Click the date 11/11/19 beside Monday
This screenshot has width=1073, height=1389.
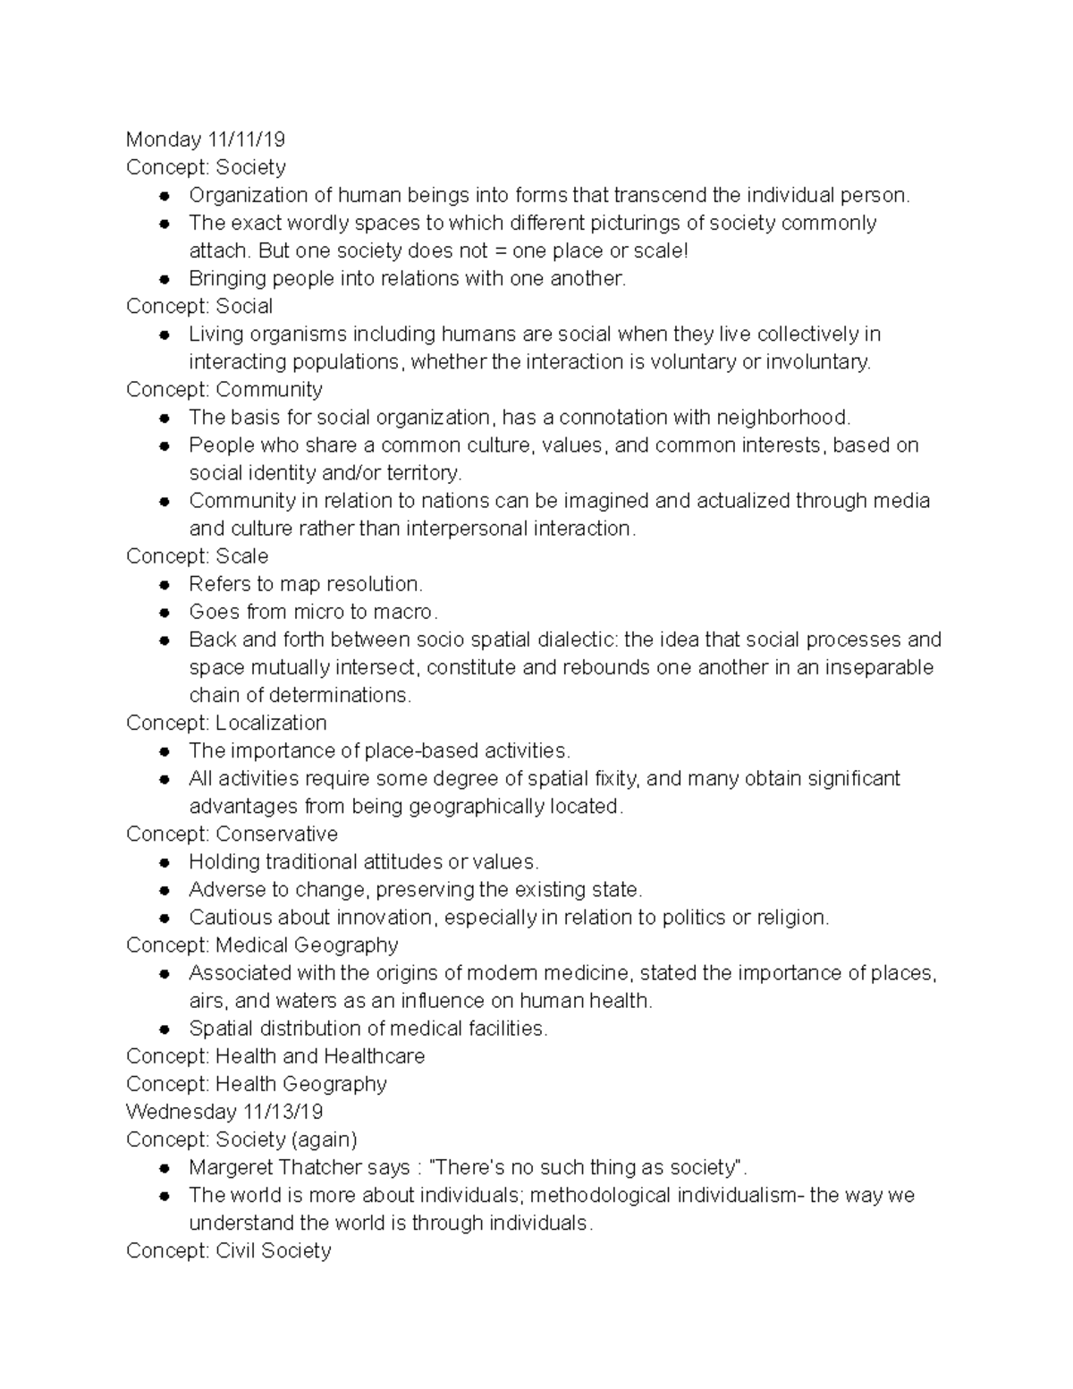coord(246,140)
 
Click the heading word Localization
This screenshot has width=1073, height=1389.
coord(271,723)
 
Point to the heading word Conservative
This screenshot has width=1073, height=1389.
coord(276,834)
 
